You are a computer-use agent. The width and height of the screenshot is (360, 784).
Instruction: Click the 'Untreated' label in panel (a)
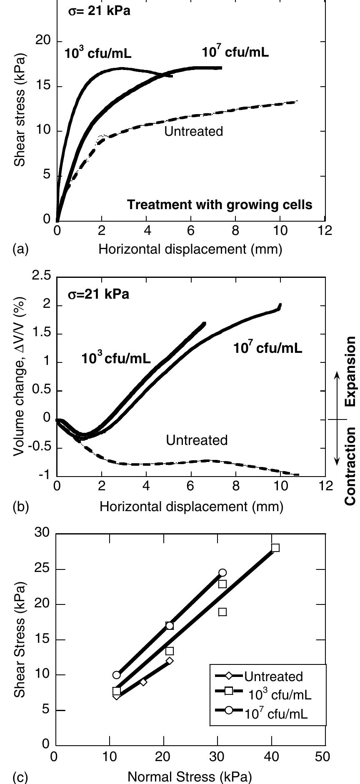coord(193,132)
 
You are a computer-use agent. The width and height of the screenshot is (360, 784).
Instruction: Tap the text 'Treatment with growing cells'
coord(219,205)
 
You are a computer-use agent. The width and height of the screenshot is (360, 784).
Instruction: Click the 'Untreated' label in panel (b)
coord(197,440)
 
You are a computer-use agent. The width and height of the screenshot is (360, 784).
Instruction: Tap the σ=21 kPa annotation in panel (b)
coord(98,295)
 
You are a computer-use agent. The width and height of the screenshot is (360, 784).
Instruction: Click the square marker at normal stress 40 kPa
coord(275,548)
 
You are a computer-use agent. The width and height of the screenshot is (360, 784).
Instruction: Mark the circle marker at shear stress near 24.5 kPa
coord(222,573)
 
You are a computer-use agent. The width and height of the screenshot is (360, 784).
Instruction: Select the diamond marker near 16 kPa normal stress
coord(143,682)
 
